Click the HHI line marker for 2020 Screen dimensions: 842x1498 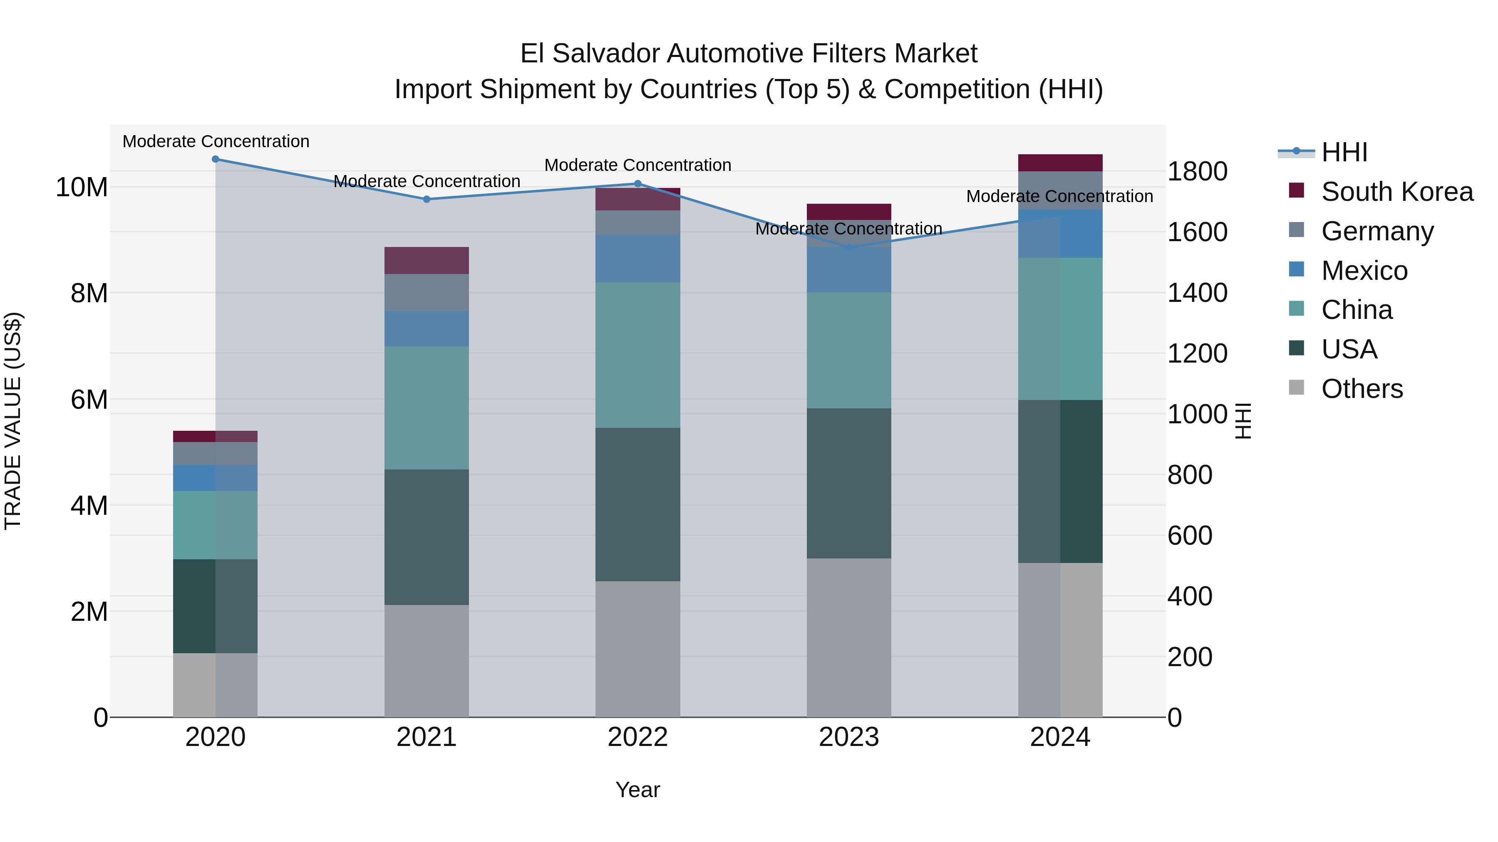tap(215, 159)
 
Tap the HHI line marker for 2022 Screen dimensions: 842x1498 tap(637, 184)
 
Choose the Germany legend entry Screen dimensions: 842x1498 tap(1377, 231)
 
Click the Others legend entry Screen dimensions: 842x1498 tap(1362, 389)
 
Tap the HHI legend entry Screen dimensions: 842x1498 tap(1344, 152)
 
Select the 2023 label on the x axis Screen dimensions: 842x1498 tap(848, 737)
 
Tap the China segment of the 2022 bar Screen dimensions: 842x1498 tap(637, 355)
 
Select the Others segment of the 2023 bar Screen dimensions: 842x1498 tap(848, 637)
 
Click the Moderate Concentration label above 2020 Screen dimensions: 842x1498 tap(216, 141)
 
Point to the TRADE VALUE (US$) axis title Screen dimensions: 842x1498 tap(13, 421)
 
